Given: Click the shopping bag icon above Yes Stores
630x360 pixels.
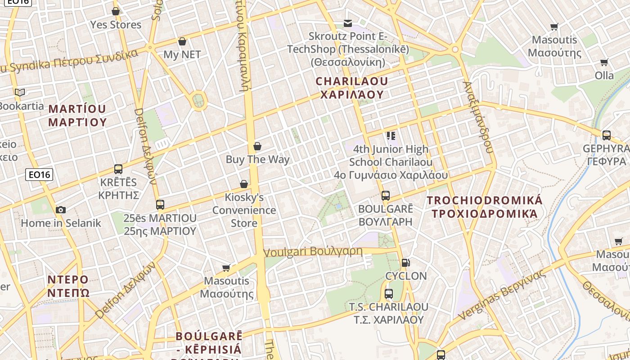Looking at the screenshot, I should pyautogui.click(x=116, y=11).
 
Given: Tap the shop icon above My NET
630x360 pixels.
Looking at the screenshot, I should pyautogui.click(x=182, y=41).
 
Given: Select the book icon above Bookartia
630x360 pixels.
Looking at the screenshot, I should pyautogui.click(x=20, y=93).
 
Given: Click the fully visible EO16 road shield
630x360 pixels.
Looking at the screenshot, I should pyautogui.click(x=40, y=175).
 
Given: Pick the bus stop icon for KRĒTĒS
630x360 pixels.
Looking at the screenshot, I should pyautogui.click(x=118, y=169).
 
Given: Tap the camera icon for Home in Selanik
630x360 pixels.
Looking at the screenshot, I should pyautogui.click(x=61, y=210).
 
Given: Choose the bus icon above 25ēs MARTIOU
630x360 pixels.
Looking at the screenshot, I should pyautogui.click(x=160, y=205).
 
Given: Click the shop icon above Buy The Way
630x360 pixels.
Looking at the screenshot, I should pyautogui.click(x=257, y=146).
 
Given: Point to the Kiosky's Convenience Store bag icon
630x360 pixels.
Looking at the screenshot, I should pyautogui.click(x=244, y=184).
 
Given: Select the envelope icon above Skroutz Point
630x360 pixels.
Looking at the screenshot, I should pyautogui.click(x=348, y=23).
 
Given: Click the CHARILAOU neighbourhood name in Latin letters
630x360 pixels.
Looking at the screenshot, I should pyautogui.click(x=352, y=81).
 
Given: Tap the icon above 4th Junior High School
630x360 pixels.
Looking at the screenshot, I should pyautogui.click(x=391, y=135).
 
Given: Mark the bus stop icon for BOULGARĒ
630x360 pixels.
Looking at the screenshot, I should pyautogui.click(x=386, y=196).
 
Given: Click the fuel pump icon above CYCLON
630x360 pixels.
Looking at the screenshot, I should pyautogui.click(x=405, y=263).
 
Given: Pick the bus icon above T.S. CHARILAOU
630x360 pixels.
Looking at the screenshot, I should pyautogui.click(x=389, y=294).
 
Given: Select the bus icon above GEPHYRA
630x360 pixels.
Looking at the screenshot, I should pyautogui.click(x=607, y=135).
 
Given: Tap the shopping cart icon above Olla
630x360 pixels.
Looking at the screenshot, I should pyautogui.click(x=604, y=62).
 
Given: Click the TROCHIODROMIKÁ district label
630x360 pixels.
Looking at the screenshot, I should pyautogui.click(x=485, y=200).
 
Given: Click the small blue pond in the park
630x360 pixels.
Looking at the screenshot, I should pyautogui.click(x=338, y=206).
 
